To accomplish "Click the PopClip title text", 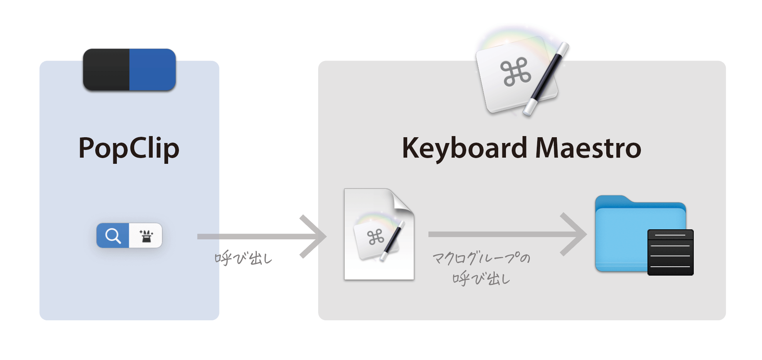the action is click(129, 148).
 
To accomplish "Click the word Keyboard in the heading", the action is click(464, 148).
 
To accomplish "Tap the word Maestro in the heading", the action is click(588, 148).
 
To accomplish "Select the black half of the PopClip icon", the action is click(106, 70).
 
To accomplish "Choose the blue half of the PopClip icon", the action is click(153, 70).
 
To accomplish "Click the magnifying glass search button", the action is click(113, 235).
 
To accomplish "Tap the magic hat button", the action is click(146, 235).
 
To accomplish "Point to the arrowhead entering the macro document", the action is click(313, 236).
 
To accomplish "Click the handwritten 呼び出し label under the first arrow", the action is click(243, 258).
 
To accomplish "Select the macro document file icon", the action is click(379, 234).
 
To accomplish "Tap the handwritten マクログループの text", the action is click(481, 258).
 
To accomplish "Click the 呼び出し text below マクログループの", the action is click(481, 278).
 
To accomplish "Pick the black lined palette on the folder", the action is click(671, 252).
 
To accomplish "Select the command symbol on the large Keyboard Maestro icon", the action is click(516, 72).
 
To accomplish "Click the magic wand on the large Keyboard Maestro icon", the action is click(546, 79).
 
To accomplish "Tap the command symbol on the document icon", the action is click(376, 237).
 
